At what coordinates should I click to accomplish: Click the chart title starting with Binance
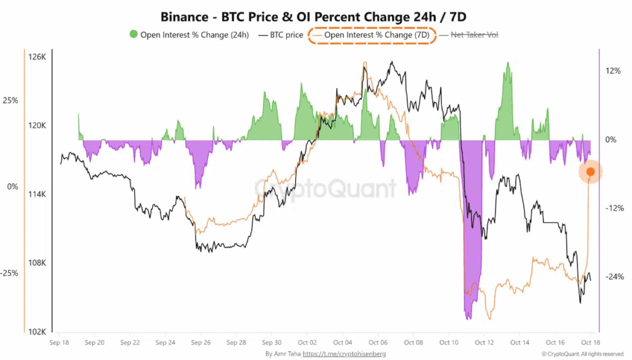coord(315,17)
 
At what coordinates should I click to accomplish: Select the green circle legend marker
coord(133,35)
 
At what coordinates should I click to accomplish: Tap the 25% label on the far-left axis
coord(11,100)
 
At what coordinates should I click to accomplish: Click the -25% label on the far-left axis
coord(10,273)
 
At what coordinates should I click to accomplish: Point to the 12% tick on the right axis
coord(613,70)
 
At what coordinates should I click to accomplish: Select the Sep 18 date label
coord(59,341)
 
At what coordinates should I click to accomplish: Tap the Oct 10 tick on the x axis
coord(449,341)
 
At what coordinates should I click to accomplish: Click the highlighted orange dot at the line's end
coord(591,172)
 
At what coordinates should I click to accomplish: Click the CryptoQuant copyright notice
coord(583,354)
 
